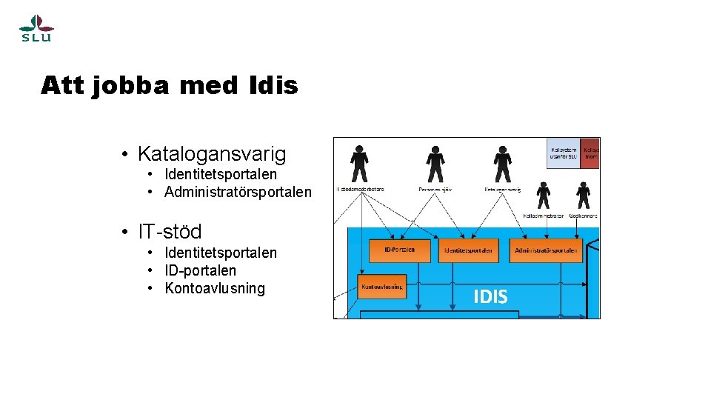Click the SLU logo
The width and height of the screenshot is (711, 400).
point(36,28)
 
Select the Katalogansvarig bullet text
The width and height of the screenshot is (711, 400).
point(212,154)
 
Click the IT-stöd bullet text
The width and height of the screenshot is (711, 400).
point(170,231)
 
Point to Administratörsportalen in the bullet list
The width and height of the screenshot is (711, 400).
point(238,193)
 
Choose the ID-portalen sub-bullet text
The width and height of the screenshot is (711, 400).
point(201,270)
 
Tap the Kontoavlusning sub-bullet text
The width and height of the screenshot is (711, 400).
point(215,288)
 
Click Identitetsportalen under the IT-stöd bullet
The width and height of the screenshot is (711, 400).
point(221,253)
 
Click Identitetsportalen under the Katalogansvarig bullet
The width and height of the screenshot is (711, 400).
point(221,174)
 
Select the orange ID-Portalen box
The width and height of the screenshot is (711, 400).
point(399,250)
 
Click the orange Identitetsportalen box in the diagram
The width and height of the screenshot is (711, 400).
point(469,250)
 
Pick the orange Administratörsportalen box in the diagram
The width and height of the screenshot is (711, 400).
point(546,250)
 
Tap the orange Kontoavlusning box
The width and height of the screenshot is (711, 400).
point(382,286)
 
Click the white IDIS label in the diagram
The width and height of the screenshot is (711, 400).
point(490,297)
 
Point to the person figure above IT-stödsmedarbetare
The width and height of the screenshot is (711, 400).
point(360,164)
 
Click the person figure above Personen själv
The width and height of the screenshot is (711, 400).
point(435,164)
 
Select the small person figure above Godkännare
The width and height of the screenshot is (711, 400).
point(584,195)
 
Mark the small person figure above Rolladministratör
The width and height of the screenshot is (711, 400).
point(544,195)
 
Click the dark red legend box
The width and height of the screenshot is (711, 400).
point(590,153)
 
